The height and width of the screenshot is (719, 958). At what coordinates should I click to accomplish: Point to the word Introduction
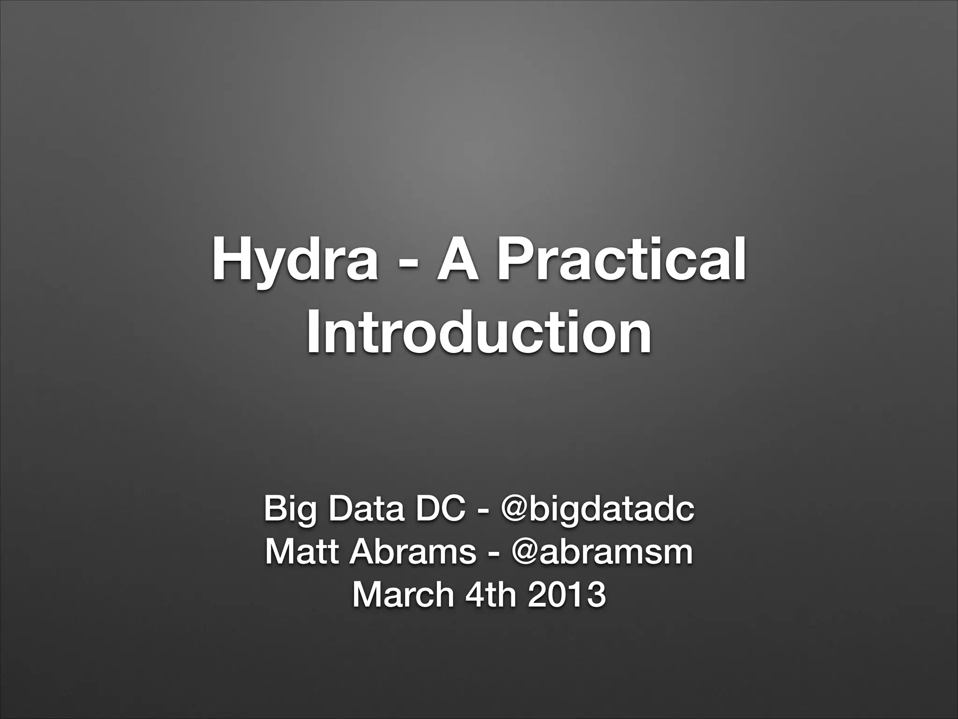[479, 331]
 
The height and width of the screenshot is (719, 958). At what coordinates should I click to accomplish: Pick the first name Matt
[301, 552]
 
